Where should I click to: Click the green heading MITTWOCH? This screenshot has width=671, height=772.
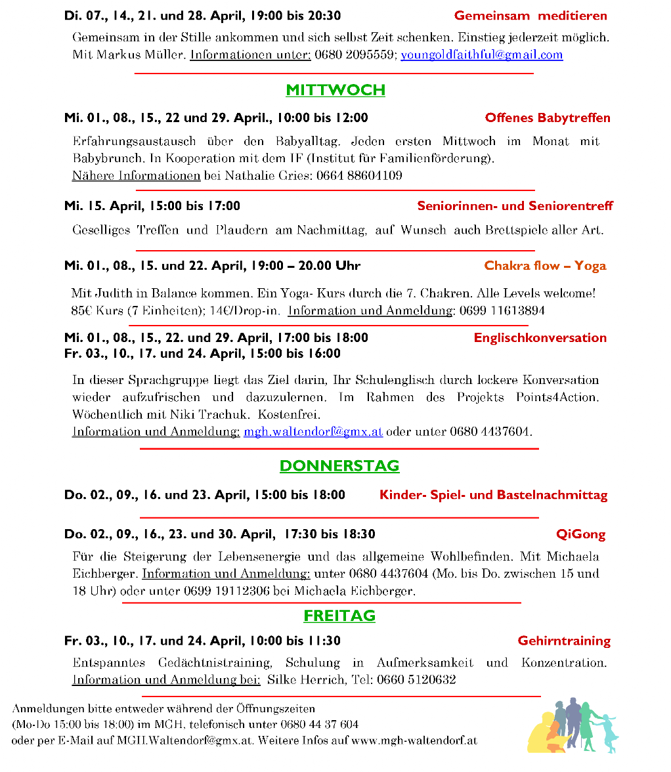coord(335,90)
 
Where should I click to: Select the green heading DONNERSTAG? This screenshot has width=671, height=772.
coord(339,466)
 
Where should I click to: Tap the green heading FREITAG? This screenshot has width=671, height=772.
coord(339,616)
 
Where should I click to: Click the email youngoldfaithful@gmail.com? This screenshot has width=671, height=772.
coord(481,54)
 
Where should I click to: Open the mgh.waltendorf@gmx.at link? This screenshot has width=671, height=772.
coord(313,431)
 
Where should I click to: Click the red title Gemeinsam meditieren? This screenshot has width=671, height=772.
coord(530,16)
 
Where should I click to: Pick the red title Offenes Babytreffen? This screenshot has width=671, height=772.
coord(548,118)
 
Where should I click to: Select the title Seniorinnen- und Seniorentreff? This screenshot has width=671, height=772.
coord(515,206)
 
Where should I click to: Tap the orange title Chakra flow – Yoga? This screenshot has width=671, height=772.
coord(545,266)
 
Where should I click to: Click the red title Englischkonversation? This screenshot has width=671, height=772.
coord(540,338)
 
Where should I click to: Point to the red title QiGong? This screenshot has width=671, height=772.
coord(580,534)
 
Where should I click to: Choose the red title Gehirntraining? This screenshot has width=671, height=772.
coord(564,641)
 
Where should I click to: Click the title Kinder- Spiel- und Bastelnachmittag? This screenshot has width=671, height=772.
coord(493,495)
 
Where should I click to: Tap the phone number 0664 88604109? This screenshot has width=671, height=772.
coord(359,175)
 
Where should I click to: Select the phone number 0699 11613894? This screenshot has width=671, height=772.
coord(502,311)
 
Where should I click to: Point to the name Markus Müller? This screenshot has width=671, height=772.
coord(140,54)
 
